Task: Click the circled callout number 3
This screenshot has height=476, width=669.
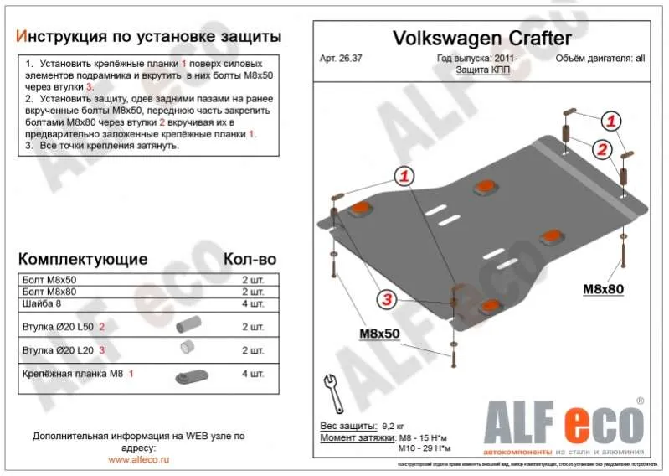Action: (387, 299)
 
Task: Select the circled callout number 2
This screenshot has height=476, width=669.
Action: (600, 150)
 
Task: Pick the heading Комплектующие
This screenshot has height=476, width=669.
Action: (83, 258)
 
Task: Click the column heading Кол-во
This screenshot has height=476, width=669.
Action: (249, 258)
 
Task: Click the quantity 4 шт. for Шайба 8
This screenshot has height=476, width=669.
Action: (252, 303)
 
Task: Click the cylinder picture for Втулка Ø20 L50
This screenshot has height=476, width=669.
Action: (189, 325)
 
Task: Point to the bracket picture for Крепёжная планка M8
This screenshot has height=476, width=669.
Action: (188, 375)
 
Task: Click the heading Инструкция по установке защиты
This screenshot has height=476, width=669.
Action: (149, 38)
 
